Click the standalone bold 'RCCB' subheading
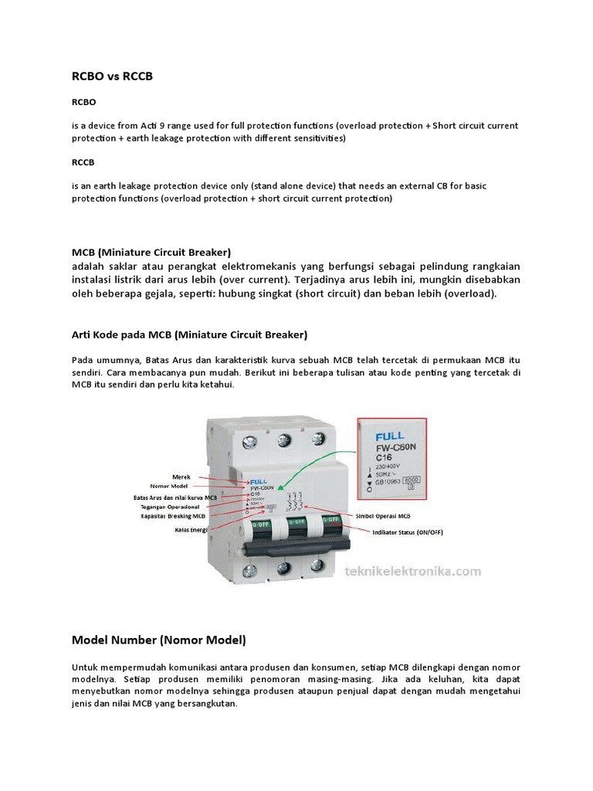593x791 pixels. (84, 163)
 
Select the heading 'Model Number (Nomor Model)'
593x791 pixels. (158, 640)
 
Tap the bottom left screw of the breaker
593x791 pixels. (251, 572)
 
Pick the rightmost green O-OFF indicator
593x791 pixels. (330, 521)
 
